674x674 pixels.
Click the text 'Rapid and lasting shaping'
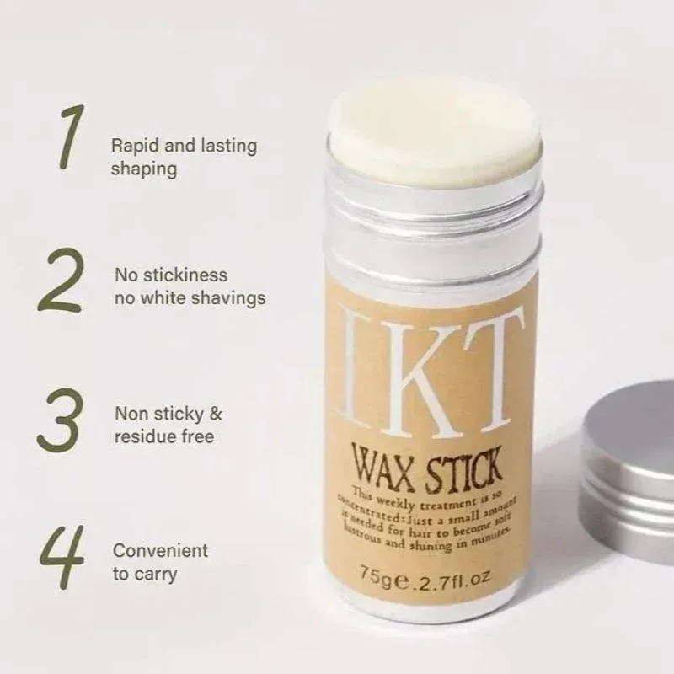(x=183, y=157)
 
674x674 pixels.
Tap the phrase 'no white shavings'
(x=190, y=297)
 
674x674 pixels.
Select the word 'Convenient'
(x=160, y=551)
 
